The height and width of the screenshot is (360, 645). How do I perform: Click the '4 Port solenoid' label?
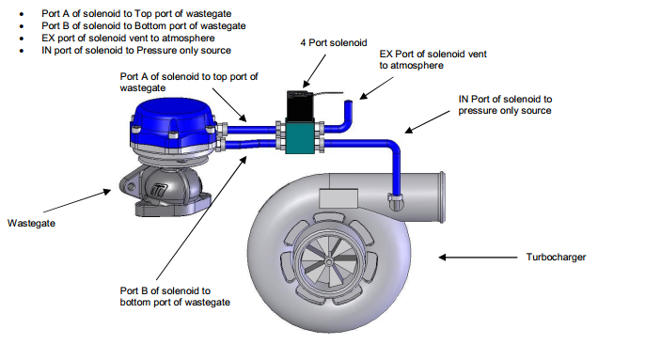(x=333, y=43)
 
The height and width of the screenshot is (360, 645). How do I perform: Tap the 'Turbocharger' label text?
(x=556, y=258)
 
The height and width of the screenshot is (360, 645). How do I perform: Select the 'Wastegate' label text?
(x=31, y=224)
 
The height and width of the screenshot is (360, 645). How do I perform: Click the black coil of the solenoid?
(x=300, y=106)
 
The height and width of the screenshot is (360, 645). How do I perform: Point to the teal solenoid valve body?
(x=300, y=138)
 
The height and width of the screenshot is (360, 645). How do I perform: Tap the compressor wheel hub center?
(x=329, y=262)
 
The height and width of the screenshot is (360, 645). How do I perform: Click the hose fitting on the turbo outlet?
(x=396, y=201)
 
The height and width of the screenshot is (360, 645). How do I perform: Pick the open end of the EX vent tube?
(x=349, y=102)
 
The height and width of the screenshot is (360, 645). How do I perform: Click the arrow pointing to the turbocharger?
(x=478, y=258)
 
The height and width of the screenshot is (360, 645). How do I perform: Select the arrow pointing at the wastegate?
(x=77, y=201)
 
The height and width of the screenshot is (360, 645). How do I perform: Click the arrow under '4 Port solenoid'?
(x=314, y=70)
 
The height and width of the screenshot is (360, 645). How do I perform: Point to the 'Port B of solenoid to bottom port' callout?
(x=175, y=297)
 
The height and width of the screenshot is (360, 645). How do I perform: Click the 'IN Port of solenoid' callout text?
(x=505, y=105)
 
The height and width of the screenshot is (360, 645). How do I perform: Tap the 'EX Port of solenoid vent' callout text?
(x=433, y=59)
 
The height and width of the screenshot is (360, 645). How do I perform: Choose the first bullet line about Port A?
(x=136, y=13)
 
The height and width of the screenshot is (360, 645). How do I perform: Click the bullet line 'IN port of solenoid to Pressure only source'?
(x=136, y=51)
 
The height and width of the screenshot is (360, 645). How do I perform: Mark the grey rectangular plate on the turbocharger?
(x=338, y=198)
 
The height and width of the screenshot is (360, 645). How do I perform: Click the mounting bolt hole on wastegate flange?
(x=131, y=187)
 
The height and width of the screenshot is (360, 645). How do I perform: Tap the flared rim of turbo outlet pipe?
(x=442, y=197)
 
